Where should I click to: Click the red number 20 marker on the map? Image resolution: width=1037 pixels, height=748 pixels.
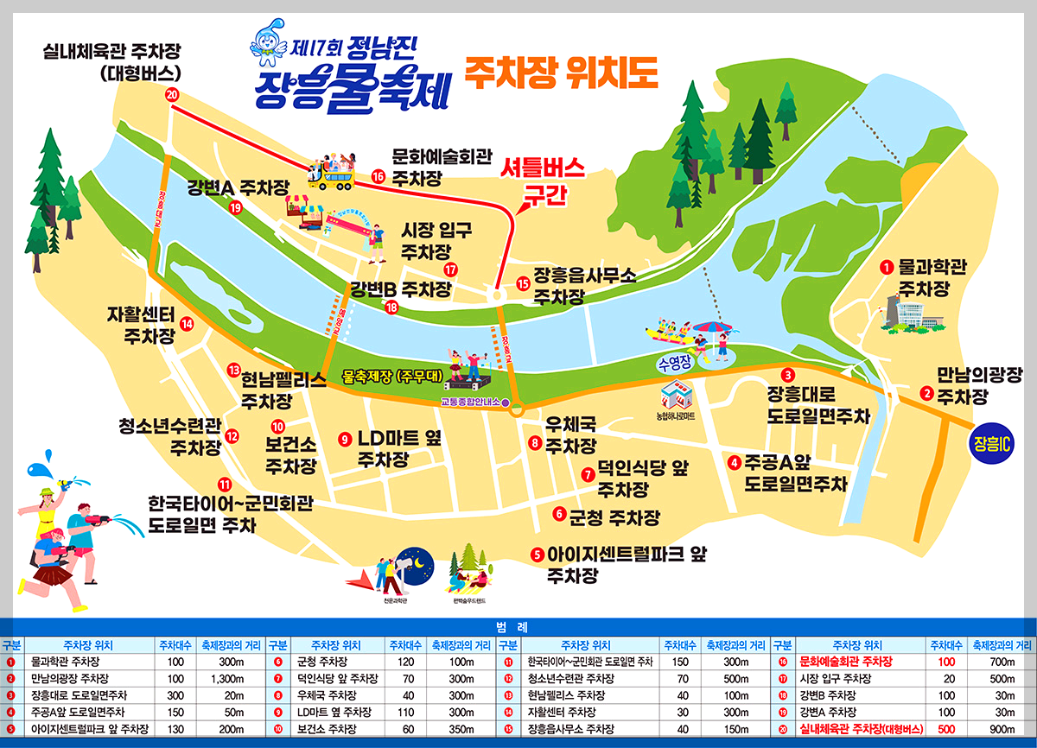172,95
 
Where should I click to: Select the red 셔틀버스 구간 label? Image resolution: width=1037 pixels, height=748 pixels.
544,181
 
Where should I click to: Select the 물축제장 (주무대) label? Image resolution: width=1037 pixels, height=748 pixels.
391,377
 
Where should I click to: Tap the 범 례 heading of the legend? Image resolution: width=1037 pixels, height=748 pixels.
518,627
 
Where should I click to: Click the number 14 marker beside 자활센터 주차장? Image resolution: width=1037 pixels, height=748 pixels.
187,324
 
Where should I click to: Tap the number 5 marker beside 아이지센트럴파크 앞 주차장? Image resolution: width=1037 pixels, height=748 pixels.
537,555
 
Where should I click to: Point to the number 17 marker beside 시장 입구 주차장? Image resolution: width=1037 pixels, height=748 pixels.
450,270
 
